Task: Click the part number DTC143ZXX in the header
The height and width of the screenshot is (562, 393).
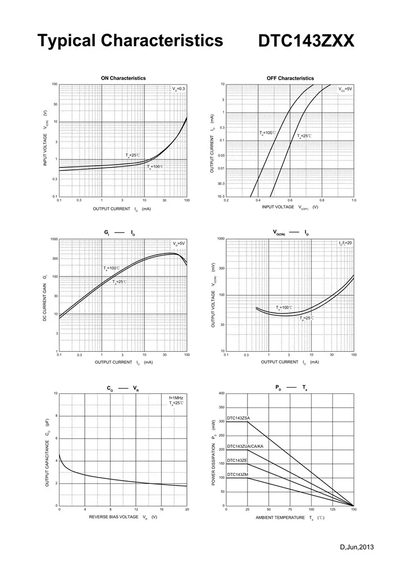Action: coord(306,41)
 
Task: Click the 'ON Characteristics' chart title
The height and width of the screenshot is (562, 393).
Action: coord(123,78)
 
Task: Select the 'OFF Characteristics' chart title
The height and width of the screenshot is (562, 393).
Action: coord(290,78)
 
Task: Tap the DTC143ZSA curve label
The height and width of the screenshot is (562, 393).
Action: coord(239,418)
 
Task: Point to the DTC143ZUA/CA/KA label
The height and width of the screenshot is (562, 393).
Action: coord(245,446)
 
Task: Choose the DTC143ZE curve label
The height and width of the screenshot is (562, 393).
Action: coord(237,460)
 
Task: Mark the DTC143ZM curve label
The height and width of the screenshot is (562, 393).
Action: coord(237,475)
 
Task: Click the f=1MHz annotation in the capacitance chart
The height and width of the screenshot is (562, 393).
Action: coord(176,398)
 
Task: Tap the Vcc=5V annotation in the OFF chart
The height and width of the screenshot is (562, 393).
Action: coord(345,89)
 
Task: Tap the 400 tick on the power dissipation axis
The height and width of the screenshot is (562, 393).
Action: coord(221,393)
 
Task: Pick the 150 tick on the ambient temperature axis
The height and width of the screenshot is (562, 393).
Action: coord(354,510)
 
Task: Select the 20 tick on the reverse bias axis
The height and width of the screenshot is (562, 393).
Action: coord(187,510)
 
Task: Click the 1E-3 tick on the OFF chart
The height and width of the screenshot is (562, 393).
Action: coord(221,197)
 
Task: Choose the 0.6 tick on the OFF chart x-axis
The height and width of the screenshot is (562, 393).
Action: coord(290,201)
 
